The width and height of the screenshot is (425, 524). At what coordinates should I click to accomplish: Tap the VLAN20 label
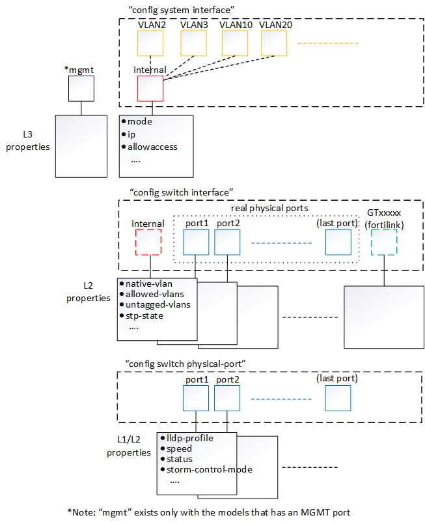276,24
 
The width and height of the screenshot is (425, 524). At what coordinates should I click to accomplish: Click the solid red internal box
150,88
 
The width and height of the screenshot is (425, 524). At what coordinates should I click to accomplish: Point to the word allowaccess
152,147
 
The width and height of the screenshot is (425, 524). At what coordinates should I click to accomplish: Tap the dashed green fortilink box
384,242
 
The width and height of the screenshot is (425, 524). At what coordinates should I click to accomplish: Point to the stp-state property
144,315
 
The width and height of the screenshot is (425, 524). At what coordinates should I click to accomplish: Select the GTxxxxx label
384,213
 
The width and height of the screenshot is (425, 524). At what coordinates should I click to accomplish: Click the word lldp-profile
190,438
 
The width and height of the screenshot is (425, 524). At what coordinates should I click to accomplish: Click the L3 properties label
27,141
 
